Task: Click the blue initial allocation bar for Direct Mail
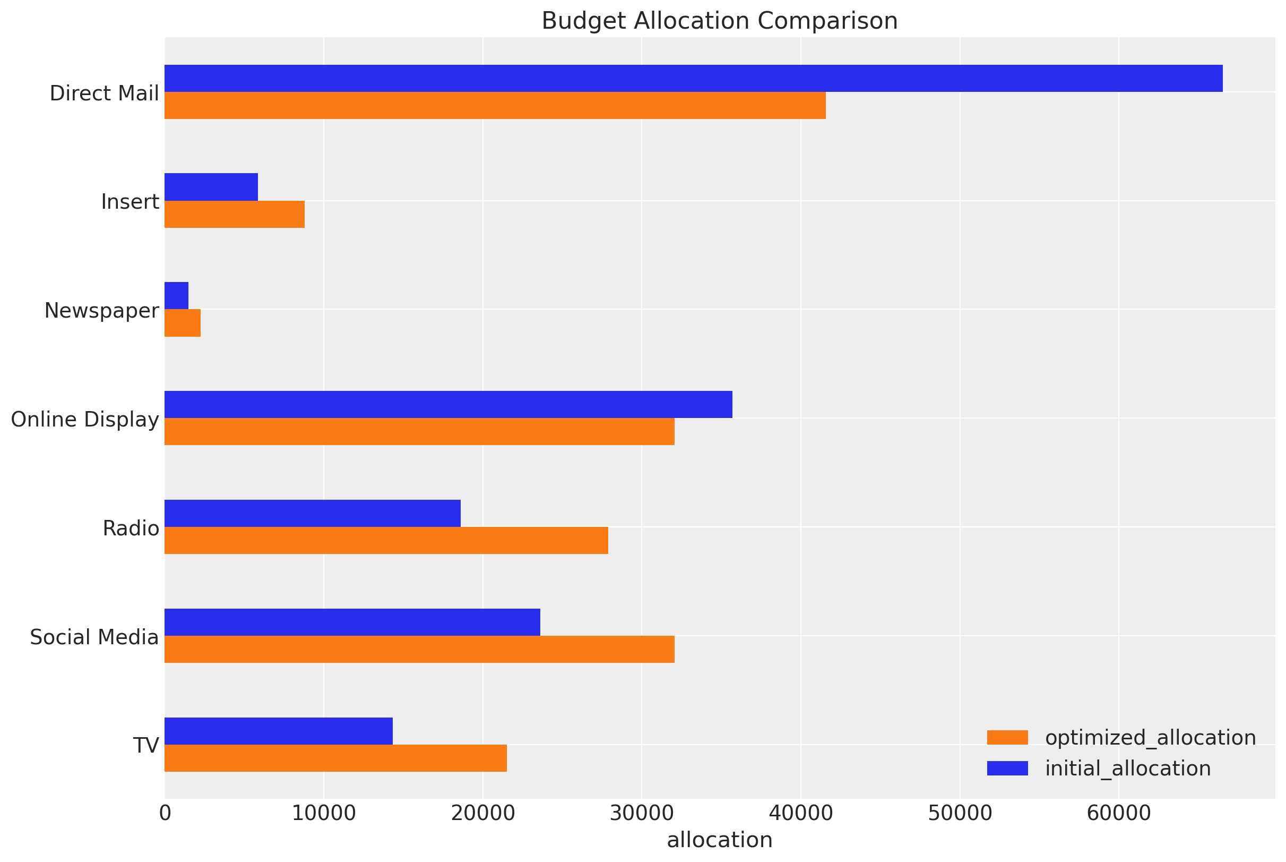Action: (x=693, y=78)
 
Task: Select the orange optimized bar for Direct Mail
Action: (x=495, y=105)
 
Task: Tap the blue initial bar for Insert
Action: (x=211, y=187)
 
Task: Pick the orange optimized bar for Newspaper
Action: (x=183, y=323)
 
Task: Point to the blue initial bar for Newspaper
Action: (x=176, y=295)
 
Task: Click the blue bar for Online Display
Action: (x=448, y=404)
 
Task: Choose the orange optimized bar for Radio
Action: (x=386, y=540)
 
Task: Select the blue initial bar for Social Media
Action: (x=352, y=622)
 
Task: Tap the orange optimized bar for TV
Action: (x=335, y=758)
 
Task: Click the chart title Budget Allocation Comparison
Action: (x=720, y=21)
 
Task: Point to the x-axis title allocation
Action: (x=720, y=840)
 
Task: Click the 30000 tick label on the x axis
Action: (x=642, y=813)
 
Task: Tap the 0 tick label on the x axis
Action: (x=165, y=813)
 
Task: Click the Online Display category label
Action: (x=85, y=420)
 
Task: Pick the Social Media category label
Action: (x=94, y=637)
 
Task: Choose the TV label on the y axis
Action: (x=146, y=746)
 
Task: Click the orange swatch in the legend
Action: (x=1007, y=738)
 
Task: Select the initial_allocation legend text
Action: (x=1128, y=769)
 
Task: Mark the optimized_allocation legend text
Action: (x=1150, y=738)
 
